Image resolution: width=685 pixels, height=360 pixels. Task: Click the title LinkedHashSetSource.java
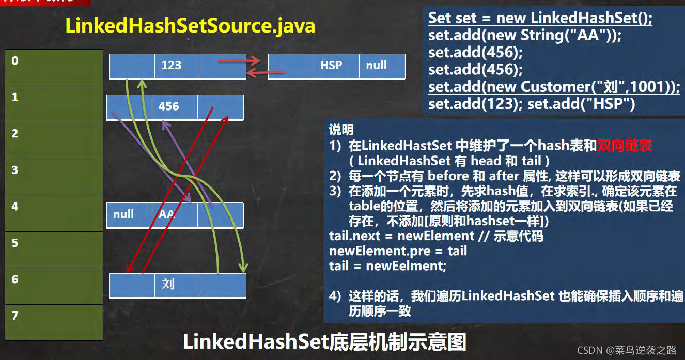(x=190, y=25)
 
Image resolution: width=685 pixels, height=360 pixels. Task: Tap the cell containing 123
(x=177, y=65)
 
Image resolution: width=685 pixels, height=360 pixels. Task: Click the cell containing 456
(x=175, y=107)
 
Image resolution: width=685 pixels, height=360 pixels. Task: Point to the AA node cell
(x=174, y=214)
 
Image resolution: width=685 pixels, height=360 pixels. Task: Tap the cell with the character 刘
(x=177, y=285)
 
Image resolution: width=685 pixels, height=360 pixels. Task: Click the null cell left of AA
(x=129, y=214)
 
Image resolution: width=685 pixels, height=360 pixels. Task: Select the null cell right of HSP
(x=381, y=66)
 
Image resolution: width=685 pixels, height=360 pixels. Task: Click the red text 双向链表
(x=625, y=146)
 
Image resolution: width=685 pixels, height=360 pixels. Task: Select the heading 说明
(x=341, y=130)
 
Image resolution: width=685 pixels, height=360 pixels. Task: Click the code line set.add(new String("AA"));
(x=525, y=36)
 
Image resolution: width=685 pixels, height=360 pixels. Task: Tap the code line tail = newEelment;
(x=387, y=266)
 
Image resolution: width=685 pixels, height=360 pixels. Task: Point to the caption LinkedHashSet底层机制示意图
(x=324, y=342)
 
